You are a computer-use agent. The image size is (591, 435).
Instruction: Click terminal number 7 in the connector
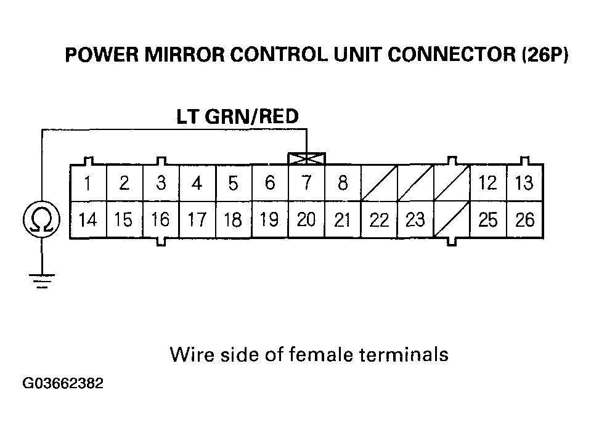306,183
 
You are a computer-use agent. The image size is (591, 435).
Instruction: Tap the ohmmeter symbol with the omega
41,220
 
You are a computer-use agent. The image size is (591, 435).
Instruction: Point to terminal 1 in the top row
89,183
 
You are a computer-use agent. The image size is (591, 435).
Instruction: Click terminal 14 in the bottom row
89,220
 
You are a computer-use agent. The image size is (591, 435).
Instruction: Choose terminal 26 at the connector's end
525,220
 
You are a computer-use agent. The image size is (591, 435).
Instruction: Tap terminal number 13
525,183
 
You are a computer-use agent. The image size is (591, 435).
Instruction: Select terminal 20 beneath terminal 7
306,220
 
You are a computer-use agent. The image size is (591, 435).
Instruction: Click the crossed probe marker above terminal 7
306,159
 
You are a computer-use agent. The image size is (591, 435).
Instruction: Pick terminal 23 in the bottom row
415,220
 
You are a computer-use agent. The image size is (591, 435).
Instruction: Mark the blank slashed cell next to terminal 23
452,220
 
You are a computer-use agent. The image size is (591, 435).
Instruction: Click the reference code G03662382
63,384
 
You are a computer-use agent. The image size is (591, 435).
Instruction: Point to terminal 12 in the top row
488,183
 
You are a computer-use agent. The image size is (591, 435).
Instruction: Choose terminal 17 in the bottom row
197,220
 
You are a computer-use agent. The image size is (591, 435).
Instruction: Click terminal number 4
197,183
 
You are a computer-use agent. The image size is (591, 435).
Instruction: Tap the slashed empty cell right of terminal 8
379,183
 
